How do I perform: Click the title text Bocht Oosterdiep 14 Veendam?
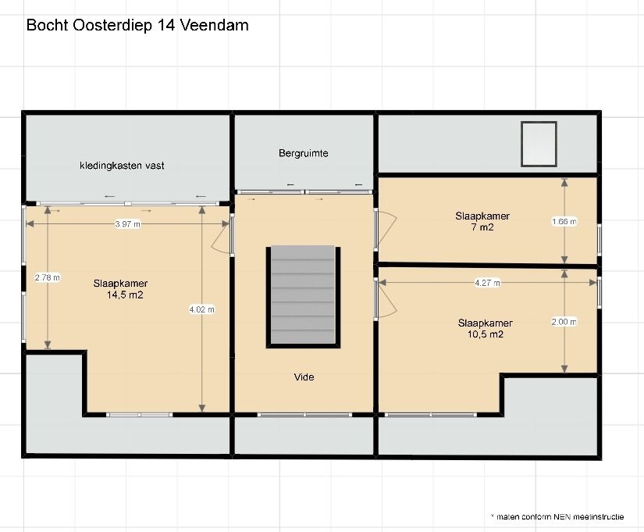pos(137,25)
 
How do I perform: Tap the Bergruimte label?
pos(303,153)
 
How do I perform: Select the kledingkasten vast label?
pos(122,166)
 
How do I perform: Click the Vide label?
pos(304,377)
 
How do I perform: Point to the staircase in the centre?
pos(303,297)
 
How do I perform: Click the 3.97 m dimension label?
pos(127,224)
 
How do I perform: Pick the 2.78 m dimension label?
pos(48,277)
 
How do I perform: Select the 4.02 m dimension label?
pos(201,309)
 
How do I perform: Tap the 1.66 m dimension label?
pos(564,222)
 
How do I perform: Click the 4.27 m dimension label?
pos(488,283)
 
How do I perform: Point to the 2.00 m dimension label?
pos(564,322)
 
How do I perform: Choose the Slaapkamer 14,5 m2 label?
pos(120,289)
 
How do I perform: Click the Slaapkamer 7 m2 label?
pos(482,222)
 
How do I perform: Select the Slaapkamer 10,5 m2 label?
pos(486,328)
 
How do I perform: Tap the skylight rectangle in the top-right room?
pos(539,144)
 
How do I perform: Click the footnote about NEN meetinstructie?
pos(557,517)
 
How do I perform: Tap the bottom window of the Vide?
pos(304,415)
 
